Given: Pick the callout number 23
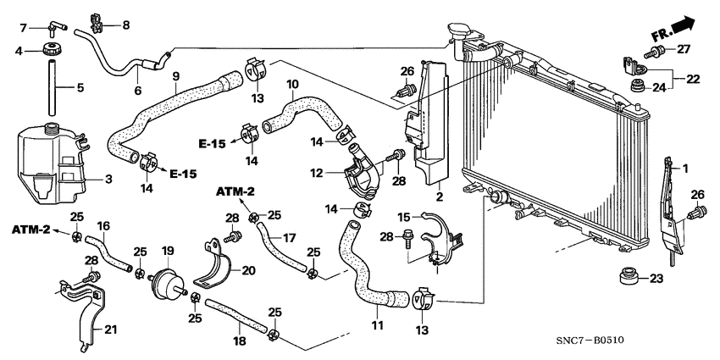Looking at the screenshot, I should pyautogui.click(x=657, y=278).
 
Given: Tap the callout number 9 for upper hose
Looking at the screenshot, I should pyautogui.click(x=176, y=76).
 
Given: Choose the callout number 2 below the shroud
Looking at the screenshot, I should pyautogui.click(x=440, y=197).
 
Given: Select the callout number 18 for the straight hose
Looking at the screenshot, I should pyautogui.click(x=239, y=340).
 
